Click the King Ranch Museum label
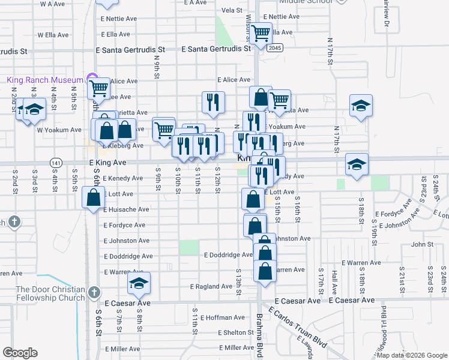coord(44,80)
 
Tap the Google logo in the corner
coord(20,353)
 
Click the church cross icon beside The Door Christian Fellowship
coord(93,292)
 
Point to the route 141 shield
coord(56,163)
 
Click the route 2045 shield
coord(275,47)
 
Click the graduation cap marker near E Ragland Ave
coord(139,283)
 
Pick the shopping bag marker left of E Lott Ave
coord(94,197)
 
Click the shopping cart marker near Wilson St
coord(261,33)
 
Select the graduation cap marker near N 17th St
coord(361,106)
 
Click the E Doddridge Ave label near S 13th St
coord(228,255)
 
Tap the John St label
coord(422,244)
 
